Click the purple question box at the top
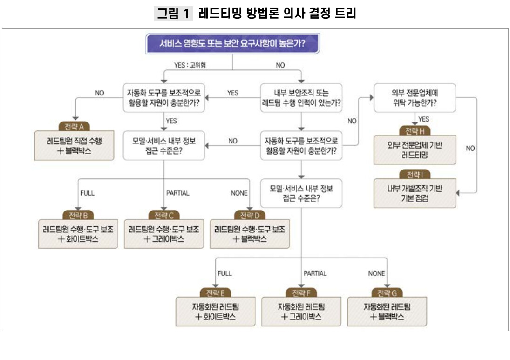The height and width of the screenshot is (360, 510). (x=232, y=43)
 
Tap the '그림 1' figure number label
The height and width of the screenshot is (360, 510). (x=173, y=14)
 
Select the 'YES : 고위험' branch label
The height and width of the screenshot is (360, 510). (x=190, y=65)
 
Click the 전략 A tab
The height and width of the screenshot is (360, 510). (x=74, y=127)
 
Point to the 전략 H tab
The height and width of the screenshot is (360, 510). (x=415, y=131)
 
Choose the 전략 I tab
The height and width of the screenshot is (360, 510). (x=415, y=175)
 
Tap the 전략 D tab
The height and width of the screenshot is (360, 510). (x=250, y=215)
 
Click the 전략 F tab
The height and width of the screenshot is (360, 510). (x=301, y=293)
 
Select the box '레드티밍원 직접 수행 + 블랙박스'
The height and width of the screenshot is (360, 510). (x=74, y=145)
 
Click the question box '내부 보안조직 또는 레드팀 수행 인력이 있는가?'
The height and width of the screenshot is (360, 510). (x=301, y=98)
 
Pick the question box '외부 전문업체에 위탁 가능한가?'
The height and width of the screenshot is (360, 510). (x=415, y=98)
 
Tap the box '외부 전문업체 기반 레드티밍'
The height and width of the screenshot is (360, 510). (x=415, y=150)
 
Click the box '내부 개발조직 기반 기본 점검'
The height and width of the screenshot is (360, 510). (x=415, y=193)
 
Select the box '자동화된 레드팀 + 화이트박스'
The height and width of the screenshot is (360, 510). (x=215, y=312)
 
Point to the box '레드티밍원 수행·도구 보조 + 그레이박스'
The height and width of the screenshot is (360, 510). (x=164, y=234)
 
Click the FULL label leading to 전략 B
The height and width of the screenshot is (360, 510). (x=88, y=193)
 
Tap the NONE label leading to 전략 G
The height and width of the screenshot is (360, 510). (x=376, y=273)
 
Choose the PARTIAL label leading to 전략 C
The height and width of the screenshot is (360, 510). (x=177, y=193)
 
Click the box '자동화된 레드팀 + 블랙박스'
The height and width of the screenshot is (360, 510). (x=387, y=312)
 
